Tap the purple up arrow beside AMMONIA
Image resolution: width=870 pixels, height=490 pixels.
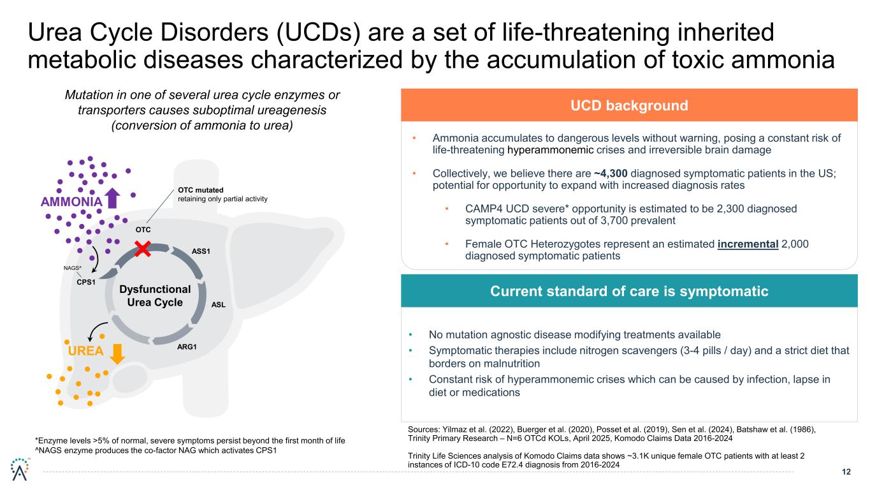click(113, 198)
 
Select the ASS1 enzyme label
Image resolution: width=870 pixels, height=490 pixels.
click(201, 251)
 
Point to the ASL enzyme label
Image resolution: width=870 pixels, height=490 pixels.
click(219, 304)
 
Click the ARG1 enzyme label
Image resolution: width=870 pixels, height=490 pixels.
click(187, 347)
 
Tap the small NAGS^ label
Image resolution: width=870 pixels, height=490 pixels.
click(72, 269)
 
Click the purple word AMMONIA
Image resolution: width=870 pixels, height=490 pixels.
click(71, 202)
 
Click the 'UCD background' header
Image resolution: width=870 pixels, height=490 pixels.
click(628, 105)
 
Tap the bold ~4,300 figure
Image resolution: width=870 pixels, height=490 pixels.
click(614, 174)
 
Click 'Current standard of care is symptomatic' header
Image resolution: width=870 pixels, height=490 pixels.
click(628, 292)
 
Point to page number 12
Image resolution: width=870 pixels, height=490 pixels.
click(846, 472)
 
